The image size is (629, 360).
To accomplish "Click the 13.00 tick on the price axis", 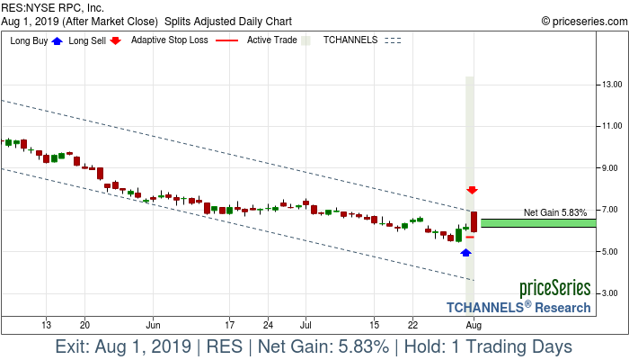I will pos(614,85).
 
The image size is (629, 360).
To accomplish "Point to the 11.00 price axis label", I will pos(614,126).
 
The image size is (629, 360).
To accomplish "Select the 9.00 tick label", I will pos(614,168).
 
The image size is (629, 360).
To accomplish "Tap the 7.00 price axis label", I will pos(614,210).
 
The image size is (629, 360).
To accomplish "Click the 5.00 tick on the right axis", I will pos(614,252).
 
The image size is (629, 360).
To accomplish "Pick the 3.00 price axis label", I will pos(614,293).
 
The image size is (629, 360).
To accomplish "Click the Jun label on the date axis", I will pos(154,324).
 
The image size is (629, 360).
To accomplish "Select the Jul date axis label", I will pos(306,324).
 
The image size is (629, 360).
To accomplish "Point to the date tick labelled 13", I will pos(46,324).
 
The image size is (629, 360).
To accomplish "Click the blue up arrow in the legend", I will pos(58,40).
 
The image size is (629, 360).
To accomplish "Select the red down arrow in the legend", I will pos(116,40).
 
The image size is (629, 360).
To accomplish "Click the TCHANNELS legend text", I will pos(350,40).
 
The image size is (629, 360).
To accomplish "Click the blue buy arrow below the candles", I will pos(465,253).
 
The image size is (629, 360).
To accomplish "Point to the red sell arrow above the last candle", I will pos(472,190).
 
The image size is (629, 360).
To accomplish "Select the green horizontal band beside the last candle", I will pos(538,222).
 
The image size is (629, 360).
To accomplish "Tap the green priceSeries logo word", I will pos(554,289).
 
